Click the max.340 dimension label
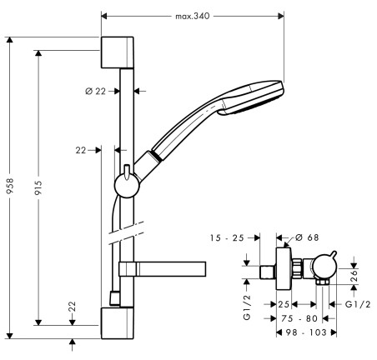point(192,16)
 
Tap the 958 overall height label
point(10,186)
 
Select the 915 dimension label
point(38,187)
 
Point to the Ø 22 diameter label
point(96,91)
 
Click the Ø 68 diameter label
point(307,237)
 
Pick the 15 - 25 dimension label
point(227,238)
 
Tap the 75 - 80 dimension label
point(299,318)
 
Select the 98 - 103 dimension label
point(306,332)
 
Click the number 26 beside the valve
point(354,276)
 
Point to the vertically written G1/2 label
point(247,307)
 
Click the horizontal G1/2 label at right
point(358,304)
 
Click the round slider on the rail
point(127,185)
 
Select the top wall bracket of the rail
point(118,52)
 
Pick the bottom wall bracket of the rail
point(118,323)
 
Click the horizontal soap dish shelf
point(163,269)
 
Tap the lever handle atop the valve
point(332,256)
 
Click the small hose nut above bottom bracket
point(115,298)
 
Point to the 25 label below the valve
point(284,304)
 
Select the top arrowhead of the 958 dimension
point(10,40)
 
